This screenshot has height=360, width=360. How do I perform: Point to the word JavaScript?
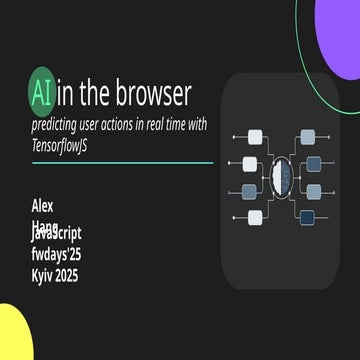coord(58,232)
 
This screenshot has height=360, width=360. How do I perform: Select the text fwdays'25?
coord(56,254)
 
